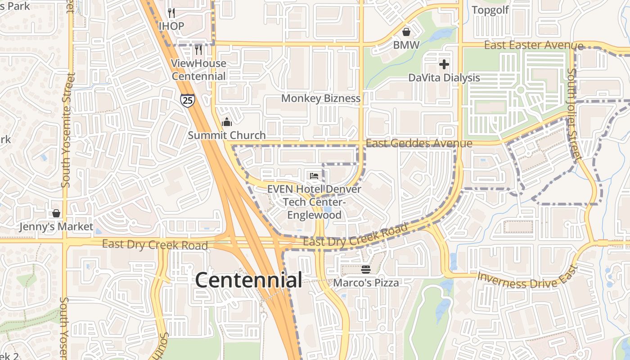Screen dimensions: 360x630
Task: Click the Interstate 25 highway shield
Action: tap(188, 99)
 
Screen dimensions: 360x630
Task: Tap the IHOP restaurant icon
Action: tap(171, 12)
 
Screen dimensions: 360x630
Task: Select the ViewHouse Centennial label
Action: tap(198, 70)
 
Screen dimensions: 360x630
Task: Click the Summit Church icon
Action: tap(227, 122)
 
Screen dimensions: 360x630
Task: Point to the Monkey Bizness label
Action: tap(321, 98)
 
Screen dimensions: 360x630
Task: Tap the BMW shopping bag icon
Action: tap(406, 32)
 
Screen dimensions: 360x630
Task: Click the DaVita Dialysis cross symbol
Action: tap(444, 64)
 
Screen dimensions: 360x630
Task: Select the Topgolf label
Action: tap(490, 10)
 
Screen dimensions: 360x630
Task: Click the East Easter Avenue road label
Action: tap(534, 45)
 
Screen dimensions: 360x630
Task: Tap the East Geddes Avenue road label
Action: tap(419, 144)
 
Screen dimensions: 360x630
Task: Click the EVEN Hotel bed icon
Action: tap(314, 175)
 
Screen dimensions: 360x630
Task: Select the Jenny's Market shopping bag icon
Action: tap(56, 213)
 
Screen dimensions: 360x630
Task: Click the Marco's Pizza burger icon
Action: tap(366, 270)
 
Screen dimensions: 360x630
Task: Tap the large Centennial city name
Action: tap(248, 280)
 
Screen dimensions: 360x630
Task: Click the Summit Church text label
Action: tap(227, 135)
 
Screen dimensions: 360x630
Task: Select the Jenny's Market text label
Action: tap(56, 226)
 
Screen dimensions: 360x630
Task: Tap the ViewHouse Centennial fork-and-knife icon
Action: tap(198, 49)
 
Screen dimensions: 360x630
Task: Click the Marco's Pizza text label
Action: tap(366, 283)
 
